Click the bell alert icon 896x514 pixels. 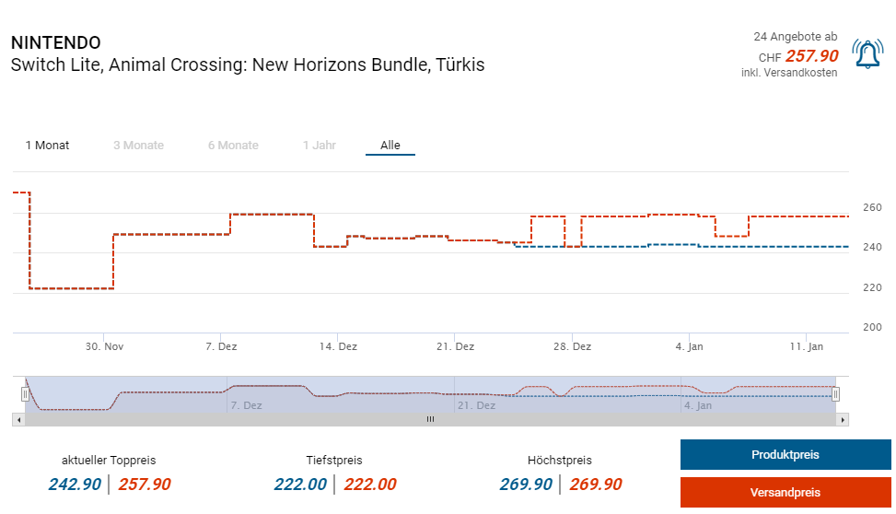point(867,55)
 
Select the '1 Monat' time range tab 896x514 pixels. point(47,146)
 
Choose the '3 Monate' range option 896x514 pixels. point(138,146)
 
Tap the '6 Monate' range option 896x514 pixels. point(233,146)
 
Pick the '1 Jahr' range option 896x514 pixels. point(319,146)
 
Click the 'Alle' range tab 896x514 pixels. point(390,146)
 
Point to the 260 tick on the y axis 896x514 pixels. point(872,207)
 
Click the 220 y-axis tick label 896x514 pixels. point(872,287)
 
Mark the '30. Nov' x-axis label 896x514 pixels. point(105,346)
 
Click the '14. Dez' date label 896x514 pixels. point(338,346)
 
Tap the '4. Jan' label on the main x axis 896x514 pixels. point(689,346)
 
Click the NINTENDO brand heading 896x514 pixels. point(55,43)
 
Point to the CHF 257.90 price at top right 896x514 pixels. point(811,56)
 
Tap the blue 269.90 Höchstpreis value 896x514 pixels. point(526,485)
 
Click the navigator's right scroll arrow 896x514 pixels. point(843,419)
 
